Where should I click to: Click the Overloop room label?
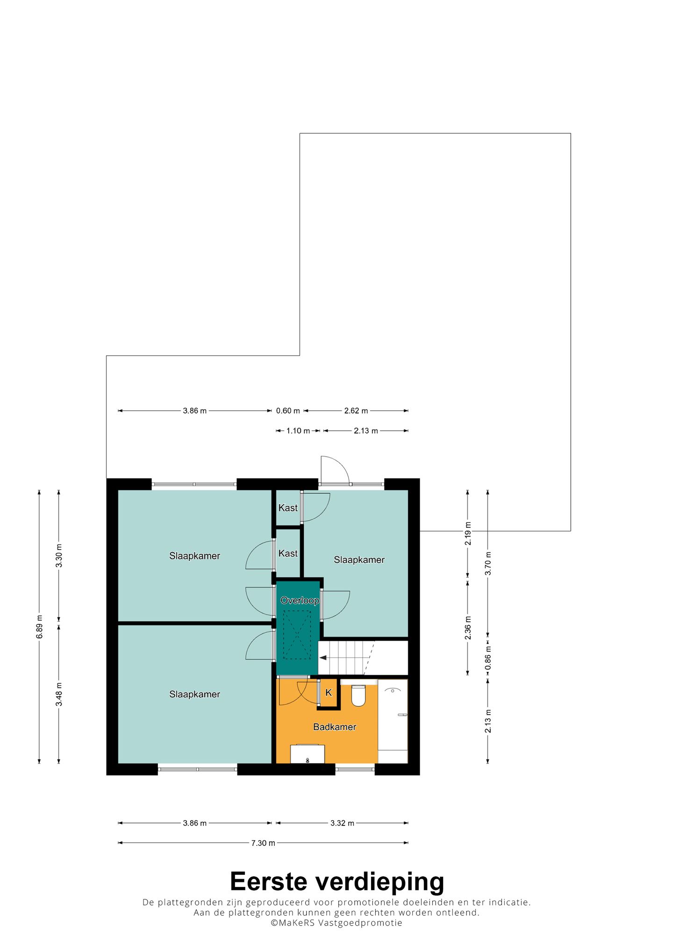click(x=300, y=601)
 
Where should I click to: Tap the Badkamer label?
click(x=335, y=727)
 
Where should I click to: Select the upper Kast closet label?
click(x=288, y=508)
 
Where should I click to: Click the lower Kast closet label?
click(x=288, y=553)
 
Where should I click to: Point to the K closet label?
click(x=329, y=692)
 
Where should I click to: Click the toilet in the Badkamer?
click(x=358, y=695)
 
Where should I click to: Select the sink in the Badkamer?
click(x=308, y=753)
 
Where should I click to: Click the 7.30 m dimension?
click(x=263, y=843)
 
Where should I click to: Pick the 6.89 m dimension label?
click(x=40, y=627)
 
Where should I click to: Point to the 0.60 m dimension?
click(x=288, y=411)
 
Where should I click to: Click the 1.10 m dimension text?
click(x=298, y=430)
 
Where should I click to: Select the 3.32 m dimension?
click(x=342, y=823)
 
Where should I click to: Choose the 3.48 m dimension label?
click(x=59, y=694)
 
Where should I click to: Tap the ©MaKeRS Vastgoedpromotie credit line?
click(x=336, y=923)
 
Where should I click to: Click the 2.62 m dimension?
click(x=356, y=411)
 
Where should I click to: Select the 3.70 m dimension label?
click(x=488, y=563)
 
